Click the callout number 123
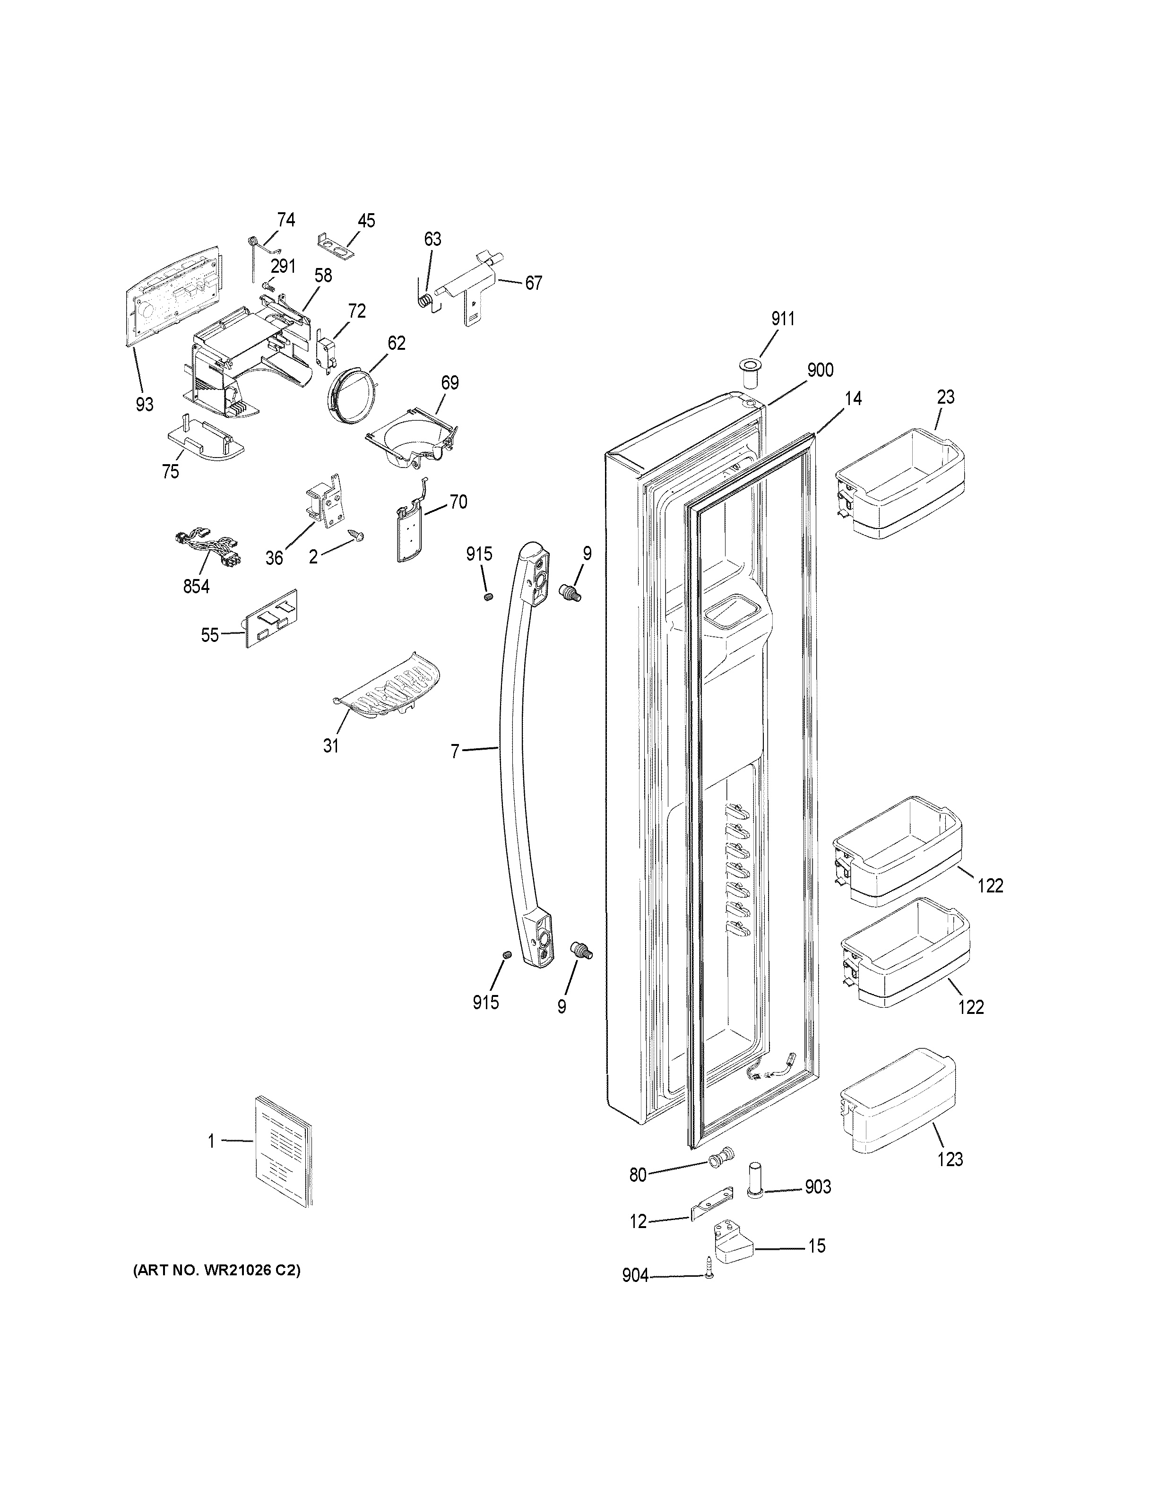point(950,1160)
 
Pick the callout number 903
point(817,1187)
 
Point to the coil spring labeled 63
point(426,300)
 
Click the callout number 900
point(820,370)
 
